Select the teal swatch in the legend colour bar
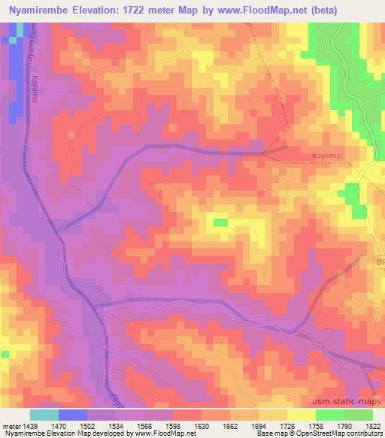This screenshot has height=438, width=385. (x=44, y=415)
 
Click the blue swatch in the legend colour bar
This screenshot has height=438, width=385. (x=73, y=415)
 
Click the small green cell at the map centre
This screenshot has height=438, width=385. (x=220, y=222)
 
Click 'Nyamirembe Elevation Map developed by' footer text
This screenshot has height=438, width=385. (x=56, y=433)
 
